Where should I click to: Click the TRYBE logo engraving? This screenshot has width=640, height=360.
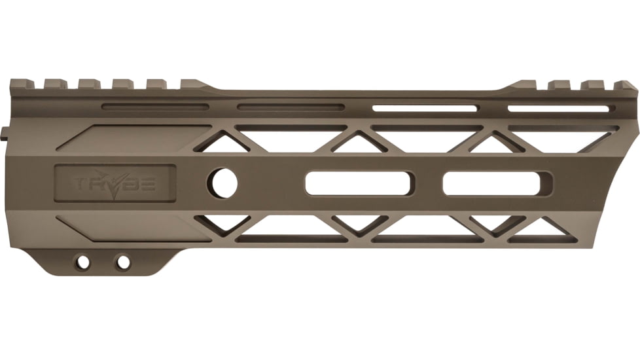(x=115, y=183)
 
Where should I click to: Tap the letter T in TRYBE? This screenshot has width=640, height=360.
(x=80, y=184)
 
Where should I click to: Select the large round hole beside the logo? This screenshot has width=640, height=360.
(x=223, y=183)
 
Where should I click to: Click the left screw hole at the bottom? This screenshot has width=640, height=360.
(x=82, y=262)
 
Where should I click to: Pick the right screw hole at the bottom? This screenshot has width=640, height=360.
(x=122, y=262)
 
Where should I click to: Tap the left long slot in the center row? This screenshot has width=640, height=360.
(x=358, y=183)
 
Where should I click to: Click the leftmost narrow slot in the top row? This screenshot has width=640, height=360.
(x=155, y=107)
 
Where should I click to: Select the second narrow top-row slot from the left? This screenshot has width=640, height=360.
(x=291, y=107)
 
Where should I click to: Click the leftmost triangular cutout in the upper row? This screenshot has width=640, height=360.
(x=222, y=143)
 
